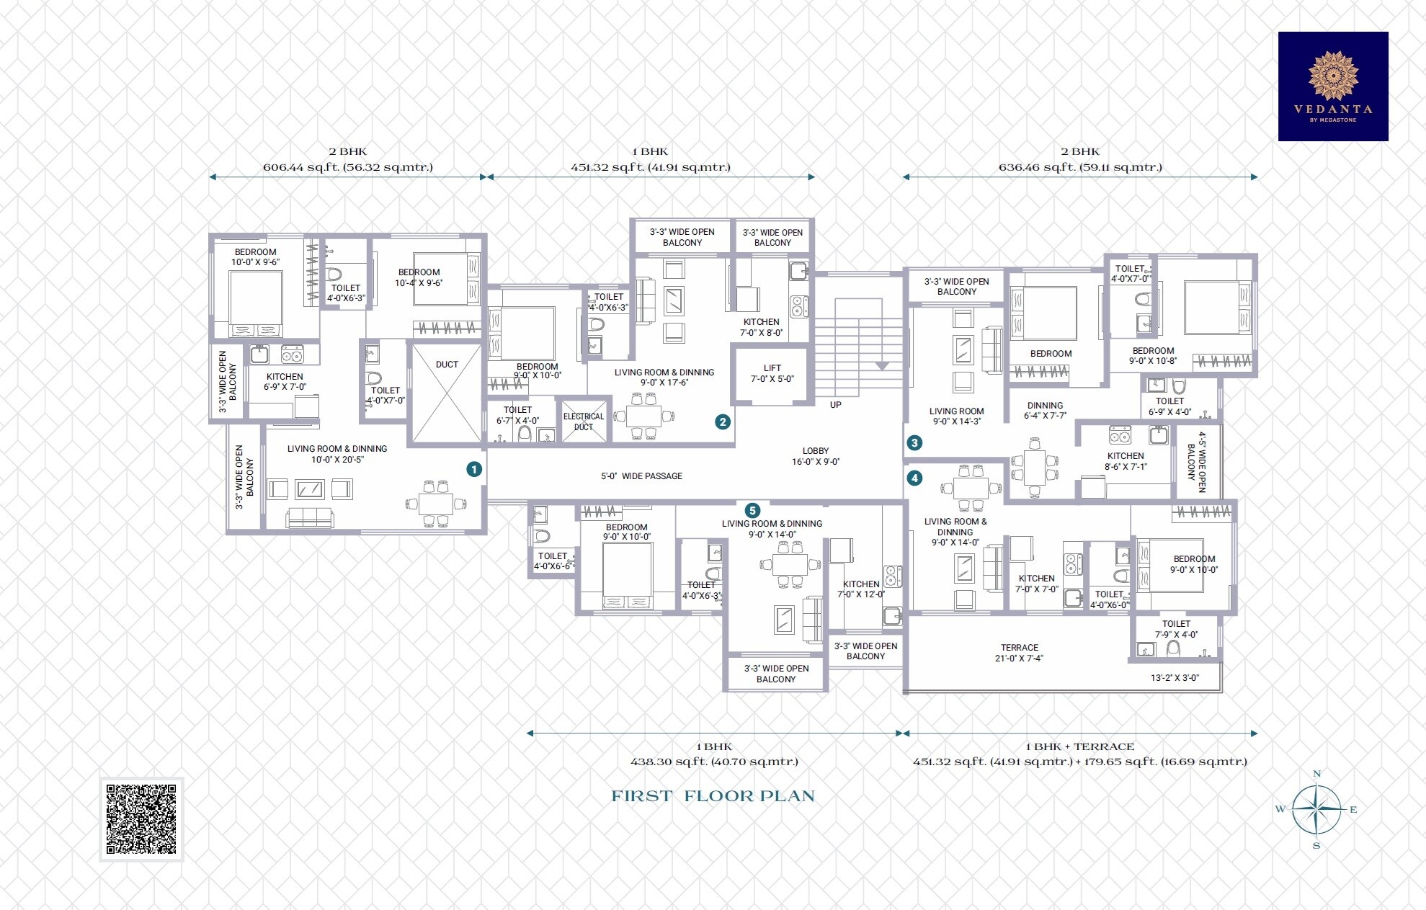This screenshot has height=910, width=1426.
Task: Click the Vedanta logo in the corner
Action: (1332, 86)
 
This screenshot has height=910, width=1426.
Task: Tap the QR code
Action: (141, 819)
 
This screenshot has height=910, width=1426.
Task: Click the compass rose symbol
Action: (1316, 810)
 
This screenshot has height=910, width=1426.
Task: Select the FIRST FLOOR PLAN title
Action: (713, 796)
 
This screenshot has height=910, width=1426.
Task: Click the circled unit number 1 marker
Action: (473, 469)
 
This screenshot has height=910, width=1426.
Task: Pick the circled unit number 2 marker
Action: (722, 422)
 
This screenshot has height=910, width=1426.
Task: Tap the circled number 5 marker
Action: (752, 511)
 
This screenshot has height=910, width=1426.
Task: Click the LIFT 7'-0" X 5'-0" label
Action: (772, 373)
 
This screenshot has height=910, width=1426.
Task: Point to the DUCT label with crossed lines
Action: (447, 365)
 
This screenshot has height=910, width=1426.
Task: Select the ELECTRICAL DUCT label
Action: (584, 421)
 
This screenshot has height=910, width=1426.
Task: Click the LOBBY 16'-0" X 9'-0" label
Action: (816, 456)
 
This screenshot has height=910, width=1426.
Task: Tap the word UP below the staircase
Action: (835, 405)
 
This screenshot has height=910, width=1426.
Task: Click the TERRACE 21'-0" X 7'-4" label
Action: (1019, 653)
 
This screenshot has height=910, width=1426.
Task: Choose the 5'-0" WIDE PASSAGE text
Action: (641, 476)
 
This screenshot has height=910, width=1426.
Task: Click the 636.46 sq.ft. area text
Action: (1079, 168)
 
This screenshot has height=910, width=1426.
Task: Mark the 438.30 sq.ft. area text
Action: (713, 762)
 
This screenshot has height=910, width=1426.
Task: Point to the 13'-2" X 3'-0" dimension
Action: (1175, 678)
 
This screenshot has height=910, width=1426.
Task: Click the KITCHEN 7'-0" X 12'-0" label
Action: (861, 589)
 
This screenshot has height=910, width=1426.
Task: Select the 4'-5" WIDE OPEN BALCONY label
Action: (1196, 462)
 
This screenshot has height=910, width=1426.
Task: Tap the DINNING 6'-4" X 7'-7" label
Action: (1045, 411)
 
